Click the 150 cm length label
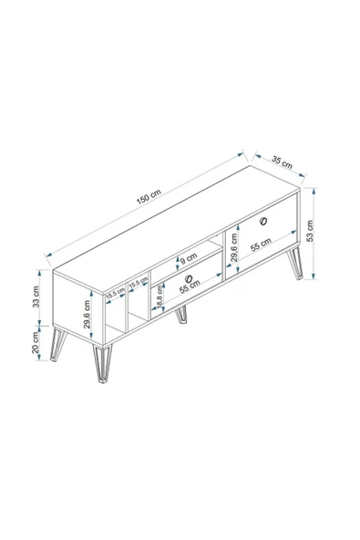(x=149, y=198)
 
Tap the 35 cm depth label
(x=282, y=162)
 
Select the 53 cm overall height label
(x=310, y=231)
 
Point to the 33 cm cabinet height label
(x=36, y=296)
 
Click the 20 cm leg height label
(x=36, y=342)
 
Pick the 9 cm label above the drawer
(x=189, y=258)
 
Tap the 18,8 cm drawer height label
(x=159, y=296)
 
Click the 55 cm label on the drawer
(x=190, y=286)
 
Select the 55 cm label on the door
(x=261, y=244)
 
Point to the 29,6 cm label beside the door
(x=234, y=248)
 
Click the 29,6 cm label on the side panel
(x=87, y=315)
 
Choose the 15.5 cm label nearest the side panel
(x=116, y=293)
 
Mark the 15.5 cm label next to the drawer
(x=139, y=283)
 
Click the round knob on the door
(x=264, y=222)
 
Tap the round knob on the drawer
(x=189, y=278)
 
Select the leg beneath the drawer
(x=181, y=315)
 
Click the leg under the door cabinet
(x=295, y=263)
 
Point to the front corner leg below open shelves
(x=102, y=363)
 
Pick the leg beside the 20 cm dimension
(x=57, y=345)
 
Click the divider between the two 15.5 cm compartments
(x=127, y=306)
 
